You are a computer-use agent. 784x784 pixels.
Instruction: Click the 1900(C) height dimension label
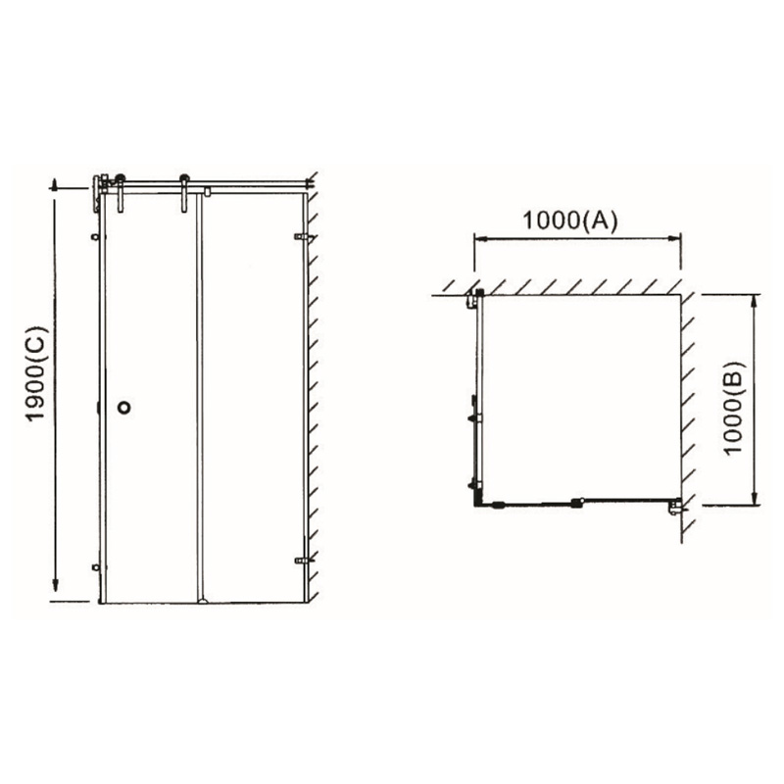[37, 374]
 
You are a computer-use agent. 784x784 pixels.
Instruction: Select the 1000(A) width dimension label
[570, 220]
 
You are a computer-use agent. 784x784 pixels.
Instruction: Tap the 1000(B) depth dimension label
[734, 408]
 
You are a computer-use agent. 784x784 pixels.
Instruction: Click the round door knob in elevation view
[124, 408]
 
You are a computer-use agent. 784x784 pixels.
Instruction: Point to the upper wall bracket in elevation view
[303, 236]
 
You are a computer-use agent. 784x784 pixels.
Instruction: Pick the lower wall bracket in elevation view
[304, 561]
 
